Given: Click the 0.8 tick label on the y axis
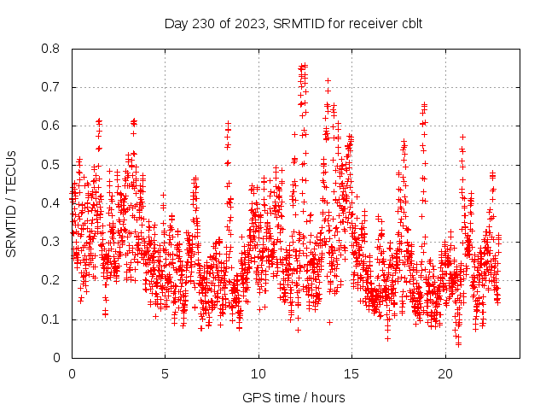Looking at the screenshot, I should [x=53, y=49].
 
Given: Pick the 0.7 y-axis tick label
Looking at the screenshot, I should [x=53, y=87].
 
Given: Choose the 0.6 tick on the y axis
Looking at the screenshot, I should [x=53, y=126].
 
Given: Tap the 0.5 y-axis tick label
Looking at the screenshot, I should [x=53, y=165].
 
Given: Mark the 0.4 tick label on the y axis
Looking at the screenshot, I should [x=53, y=203].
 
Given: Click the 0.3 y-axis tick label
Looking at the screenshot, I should [x=53, y=242].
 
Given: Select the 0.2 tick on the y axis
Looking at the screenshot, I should [x=53, y=280].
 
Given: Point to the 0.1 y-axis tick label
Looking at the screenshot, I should [x=53, y=319].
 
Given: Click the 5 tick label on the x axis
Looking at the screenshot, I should [x=165, y=373].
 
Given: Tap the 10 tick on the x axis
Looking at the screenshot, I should [x=258, y=373].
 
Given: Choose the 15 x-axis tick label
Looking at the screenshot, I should [x=351, y=373].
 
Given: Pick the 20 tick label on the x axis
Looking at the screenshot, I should [x=444, y=373].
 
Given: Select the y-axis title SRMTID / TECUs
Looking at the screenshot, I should [x=12, y=203].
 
